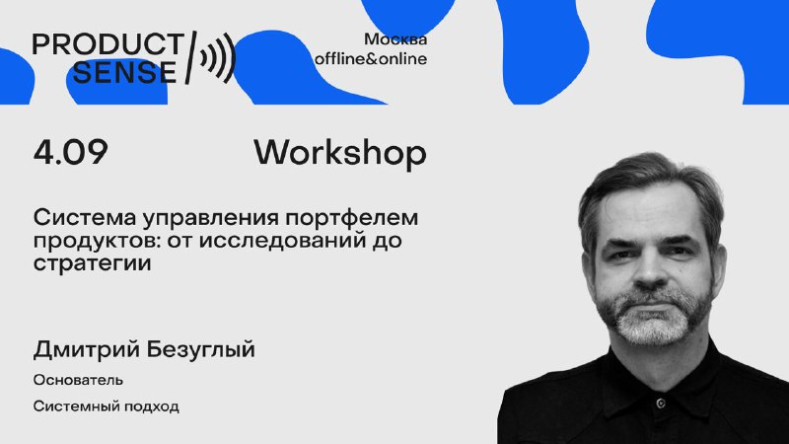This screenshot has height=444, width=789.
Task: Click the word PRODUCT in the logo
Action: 108,43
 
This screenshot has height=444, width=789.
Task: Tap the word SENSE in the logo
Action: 124,72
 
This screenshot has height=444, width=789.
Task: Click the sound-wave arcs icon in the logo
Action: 218,58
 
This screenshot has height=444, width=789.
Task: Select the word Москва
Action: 395,39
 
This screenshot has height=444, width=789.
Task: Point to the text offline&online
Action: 371,59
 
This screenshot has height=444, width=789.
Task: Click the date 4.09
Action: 70,152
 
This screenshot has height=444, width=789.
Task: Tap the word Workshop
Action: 340,153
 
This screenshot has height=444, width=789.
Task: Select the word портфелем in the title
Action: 352,219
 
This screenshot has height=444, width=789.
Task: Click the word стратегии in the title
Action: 92,263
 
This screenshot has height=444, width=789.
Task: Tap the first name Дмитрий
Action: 84,350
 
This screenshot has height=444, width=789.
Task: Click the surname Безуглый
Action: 198,350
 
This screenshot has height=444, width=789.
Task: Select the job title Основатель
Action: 78,380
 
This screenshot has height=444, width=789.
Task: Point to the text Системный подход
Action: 107,407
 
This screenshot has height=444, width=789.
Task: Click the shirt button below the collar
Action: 660,404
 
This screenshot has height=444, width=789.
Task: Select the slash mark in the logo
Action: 190,57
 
